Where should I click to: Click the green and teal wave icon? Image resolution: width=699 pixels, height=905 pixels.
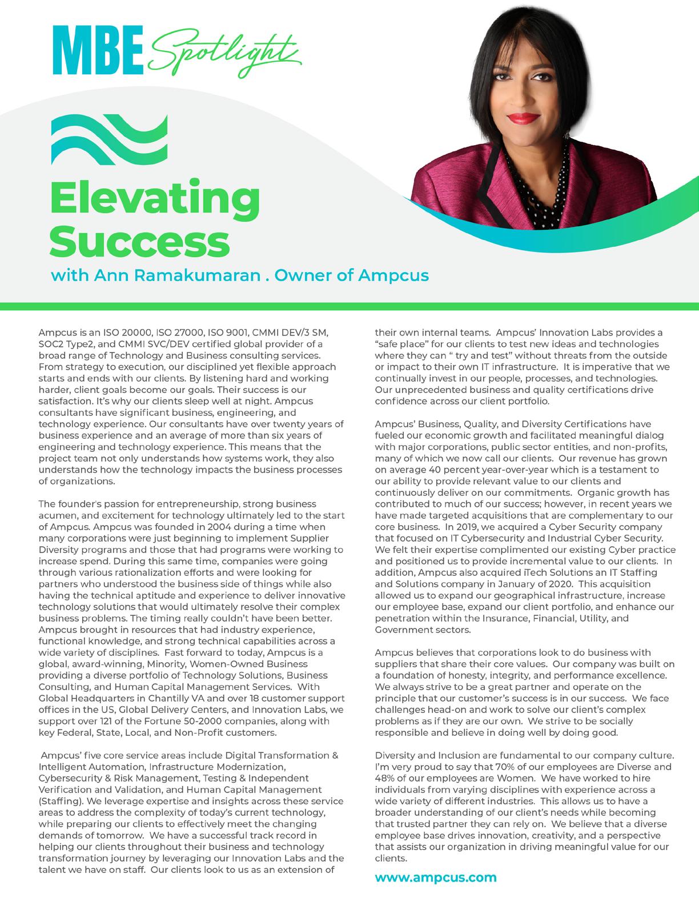pos(109,141)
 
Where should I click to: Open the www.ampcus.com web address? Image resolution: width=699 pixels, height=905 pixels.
pos(436,878)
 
